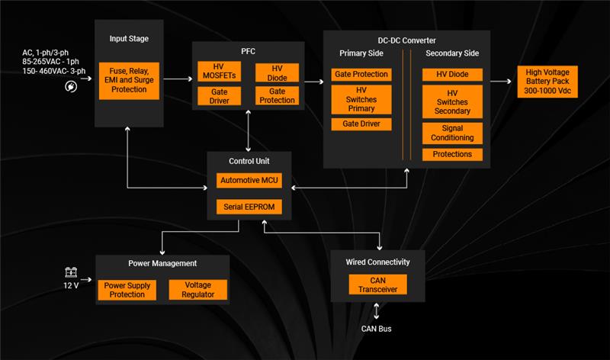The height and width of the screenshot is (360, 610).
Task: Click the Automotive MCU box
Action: tap(249, 180)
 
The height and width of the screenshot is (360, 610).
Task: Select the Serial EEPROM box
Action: tap(249, 206)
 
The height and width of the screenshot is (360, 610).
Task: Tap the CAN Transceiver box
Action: tap(378, 284)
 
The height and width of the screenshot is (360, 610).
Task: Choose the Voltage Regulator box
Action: tap(192, 290)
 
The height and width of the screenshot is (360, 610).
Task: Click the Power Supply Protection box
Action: tap(127, 290)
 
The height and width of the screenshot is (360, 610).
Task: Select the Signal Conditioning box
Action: tap(452, 133)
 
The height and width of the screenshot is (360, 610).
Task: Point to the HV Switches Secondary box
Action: tap(452, 101)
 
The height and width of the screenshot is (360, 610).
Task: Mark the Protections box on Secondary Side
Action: tap(452, 154)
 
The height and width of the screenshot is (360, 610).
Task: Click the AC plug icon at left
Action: tap(71, 87)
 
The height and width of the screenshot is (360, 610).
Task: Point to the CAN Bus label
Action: tap(377, 329)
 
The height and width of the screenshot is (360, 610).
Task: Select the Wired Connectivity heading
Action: tap(378, 262)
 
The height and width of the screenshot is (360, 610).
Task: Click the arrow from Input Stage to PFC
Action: tap(178, 79)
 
